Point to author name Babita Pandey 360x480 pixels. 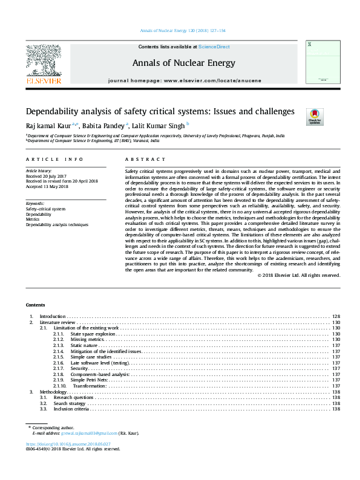105,125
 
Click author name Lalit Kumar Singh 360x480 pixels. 160,125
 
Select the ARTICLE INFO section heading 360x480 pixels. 54,159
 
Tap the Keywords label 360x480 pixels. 36,204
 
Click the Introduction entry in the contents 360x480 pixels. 53,317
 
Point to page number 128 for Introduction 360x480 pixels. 336,317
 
